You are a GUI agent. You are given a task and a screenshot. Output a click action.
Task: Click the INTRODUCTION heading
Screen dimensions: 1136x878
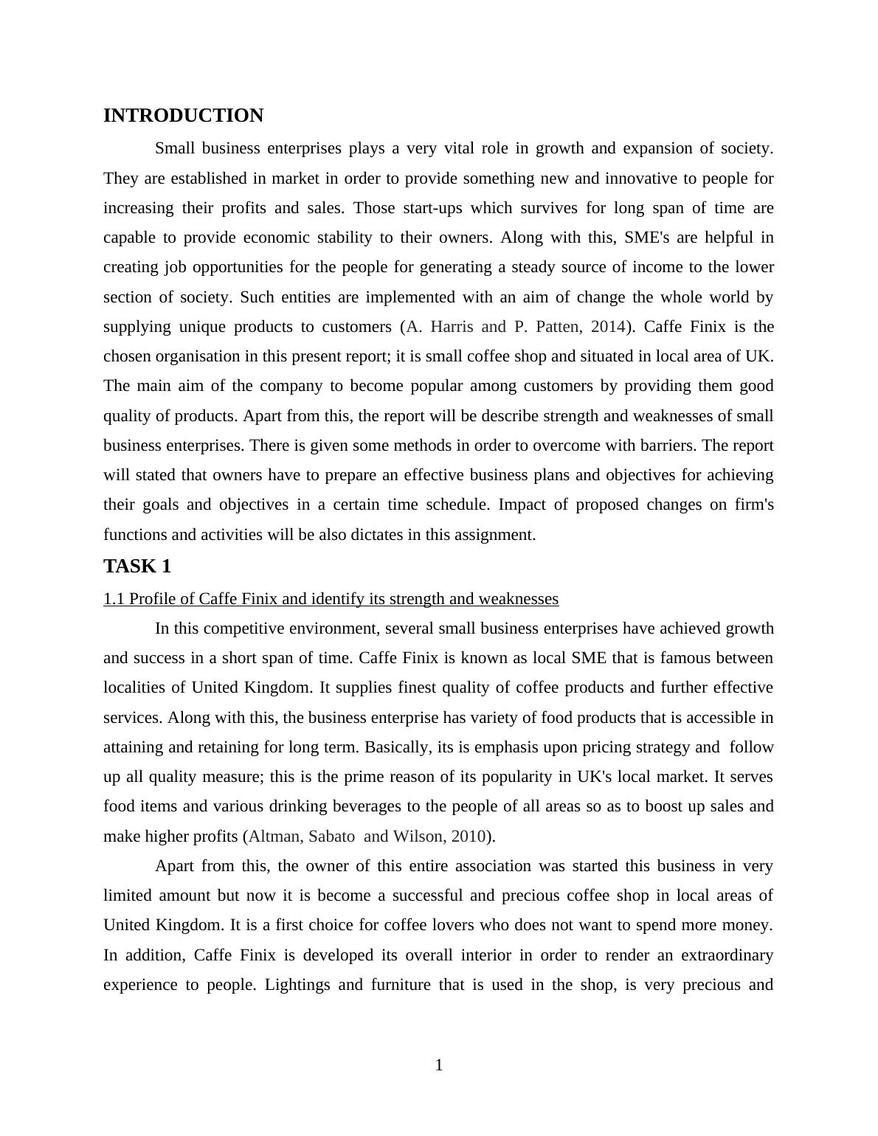(x=183, y=116)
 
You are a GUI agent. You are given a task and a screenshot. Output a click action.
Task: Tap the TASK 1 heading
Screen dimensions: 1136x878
(x=137, y=567)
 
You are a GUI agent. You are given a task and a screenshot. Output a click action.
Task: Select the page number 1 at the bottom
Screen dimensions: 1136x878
(x=439, y=1065)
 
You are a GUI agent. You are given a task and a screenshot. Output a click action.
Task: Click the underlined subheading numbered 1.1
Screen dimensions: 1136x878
(x=331, y=599)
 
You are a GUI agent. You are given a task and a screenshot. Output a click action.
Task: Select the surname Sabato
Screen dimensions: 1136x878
(x=331, y=837)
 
